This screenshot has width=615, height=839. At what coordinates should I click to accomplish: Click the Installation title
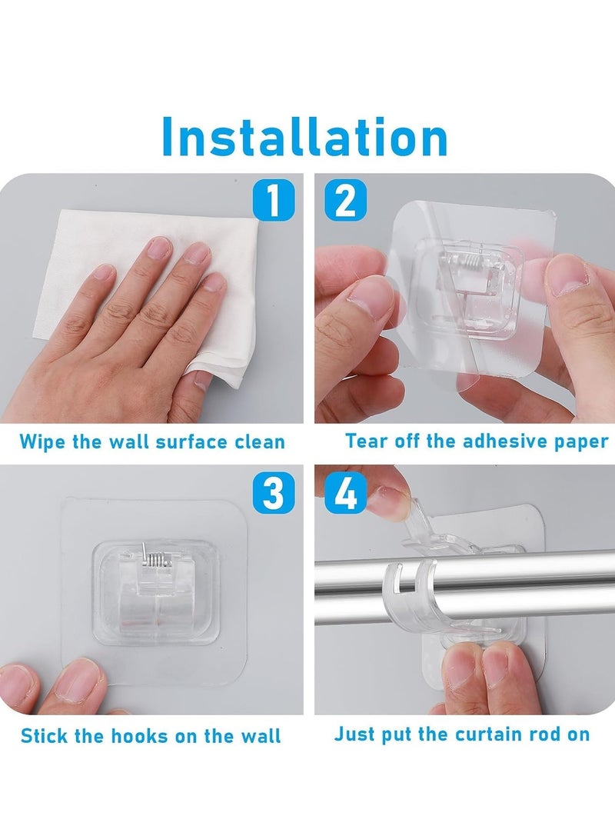click(x=304, y=138)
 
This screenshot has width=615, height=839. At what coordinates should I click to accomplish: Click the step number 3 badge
click(x=273, y=493)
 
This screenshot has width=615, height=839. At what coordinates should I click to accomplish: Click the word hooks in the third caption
click(x=141, y=735)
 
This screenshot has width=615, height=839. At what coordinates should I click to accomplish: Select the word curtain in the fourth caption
click(x=488, y=734)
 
